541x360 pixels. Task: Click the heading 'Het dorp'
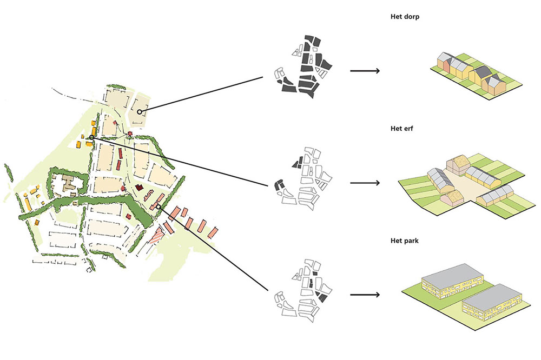click(405, 17)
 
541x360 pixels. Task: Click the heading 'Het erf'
click(401, 129)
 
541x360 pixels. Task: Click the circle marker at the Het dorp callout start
click(140, 112)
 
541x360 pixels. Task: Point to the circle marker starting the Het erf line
click(92, 138)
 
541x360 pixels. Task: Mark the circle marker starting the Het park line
click(159, 206)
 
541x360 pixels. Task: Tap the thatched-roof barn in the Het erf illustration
click(459, 163)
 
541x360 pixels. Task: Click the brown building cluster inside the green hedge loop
click(69, 184)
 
